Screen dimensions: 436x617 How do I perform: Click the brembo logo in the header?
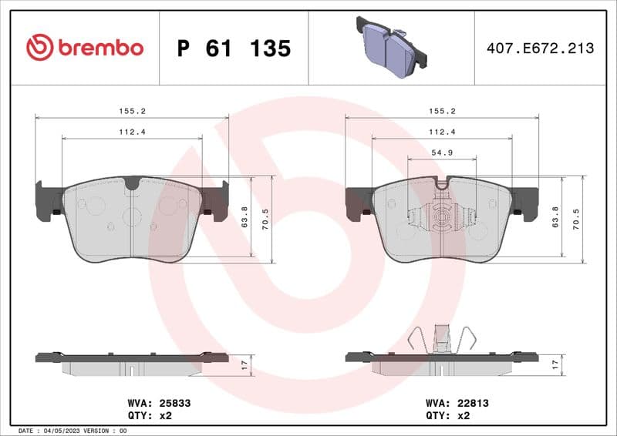tap(85, 48)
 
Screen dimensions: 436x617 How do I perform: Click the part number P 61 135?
tap(234, 49)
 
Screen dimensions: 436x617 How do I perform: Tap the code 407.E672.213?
tap(541, 49)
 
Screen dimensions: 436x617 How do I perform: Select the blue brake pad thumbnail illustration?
tap(391, 47)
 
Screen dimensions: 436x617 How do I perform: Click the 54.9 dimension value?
tap(441, 153)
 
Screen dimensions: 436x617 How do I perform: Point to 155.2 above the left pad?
tap(132, 111)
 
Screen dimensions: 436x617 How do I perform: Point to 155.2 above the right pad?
tap(441, 111)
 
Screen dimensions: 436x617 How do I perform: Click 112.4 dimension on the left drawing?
tap(132, 132)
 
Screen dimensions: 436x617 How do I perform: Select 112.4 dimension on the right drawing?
tap(441, 132)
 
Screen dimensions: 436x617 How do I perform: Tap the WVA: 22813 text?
tap(457, 402)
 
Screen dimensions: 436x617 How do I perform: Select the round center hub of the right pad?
tap(441, 219)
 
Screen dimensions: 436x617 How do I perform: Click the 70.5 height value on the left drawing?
tap(267, 220)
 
